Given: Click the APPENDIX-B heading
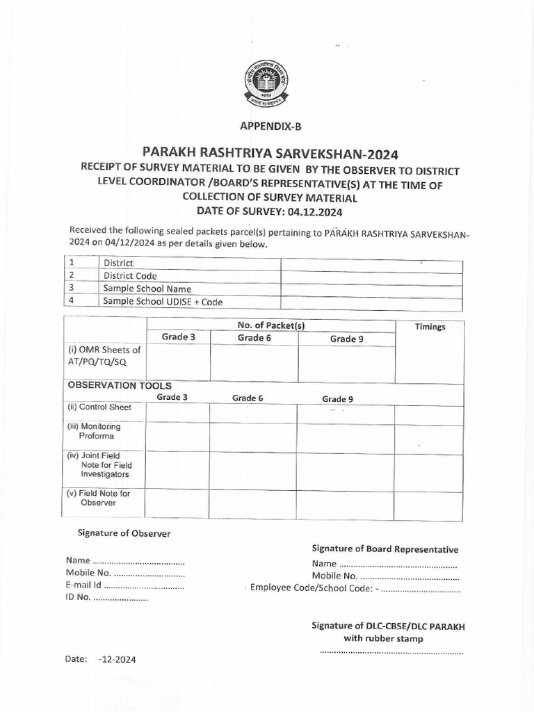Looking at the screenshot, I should click(270, 126).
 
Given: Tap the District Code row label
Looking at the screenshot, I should click(130, 276).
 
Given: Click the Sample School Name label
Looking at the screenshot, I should click(147, 289).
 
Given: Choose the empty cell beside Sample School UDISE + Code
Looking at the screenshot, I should click(371, 302).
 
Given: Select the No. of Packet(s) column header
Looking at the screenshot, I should click(270, 325).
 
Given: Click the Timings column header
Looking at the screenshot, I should click(430, 327).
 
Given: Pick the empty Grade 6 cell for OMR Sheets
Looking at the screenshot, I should click(254, 363).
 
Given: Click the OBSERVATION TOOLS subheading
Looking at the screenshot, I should click(119, 385).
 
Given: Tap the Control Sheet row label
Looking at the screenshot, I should click(99, 407).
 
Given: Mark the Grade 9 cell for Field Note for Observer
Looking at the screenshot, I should click(346, 504).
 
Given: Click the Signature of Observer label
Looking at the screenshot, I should click(123, 533).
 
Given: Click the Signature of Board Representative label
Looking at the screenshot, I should click(385, 549).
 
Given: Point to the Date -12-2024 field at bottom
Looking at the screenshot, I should click(101, 659).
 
